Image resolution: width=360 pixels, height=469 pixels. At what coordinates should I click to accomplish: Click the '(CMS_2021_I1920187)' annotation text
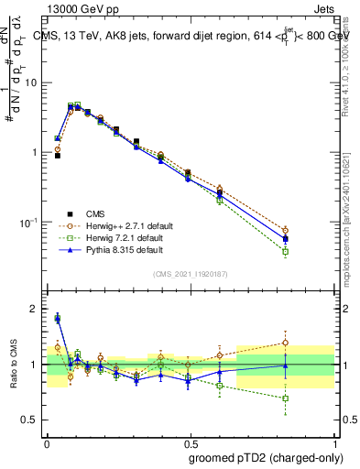(x=188, y=273)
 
